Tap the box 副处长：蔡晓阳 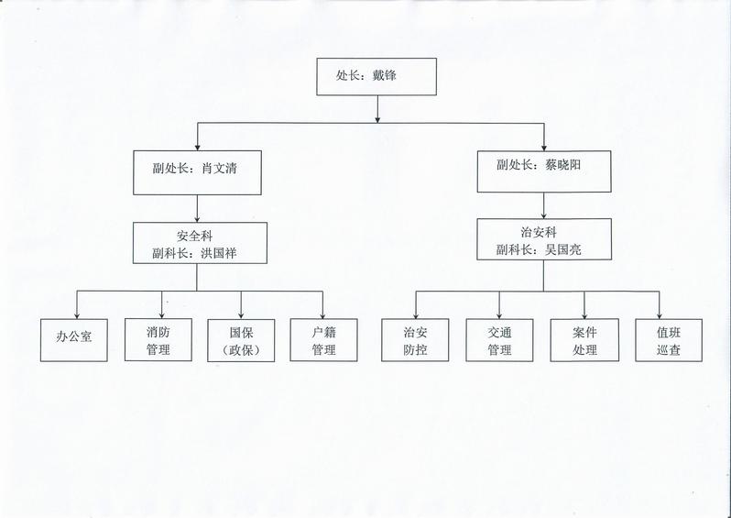544,167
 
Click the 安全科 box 200,242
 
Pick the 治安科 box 543,238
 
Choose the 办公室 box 75,339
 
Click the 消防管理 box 158,339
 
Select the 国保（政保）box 241,339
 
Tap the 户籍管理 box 323,339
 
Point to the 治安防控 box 416,339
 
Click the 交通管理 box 499,339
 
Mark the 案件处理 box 584,339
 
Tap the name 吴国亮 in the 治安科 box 568,248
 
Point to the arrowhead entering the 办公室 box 75,314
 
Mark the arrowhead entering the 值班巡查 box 660,314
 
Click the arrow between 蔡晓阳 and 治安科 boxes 544,204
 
